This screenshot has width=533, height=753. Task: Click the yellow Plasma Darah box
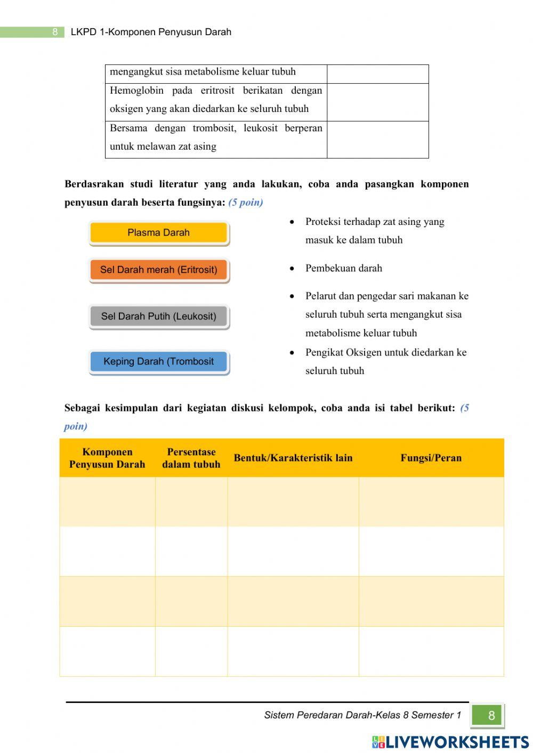coord(158,233)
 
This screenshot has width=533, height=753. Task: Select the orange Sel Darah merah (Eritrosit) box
coord(158,270)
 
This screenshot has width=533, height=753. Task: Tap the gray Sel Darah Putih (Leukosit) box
coord(158,317)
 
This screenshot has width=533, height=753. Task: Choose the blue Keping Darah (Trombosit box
coord(158,362)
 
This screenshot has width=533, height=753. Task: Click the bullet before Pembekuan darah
coord(292,269)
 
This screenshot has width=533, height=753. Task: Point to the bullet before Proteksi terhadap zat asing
coord(292,222)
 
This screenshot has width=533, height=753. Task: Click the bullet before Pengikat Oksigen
coord(292,353)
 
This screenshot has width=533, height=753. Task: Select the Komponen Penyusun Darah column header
coord(107,458)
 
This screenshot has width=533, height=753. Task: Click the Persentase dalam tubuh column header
coord(191,458)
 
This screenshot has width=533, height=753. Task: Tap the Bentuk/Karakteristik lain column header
coord(293,458)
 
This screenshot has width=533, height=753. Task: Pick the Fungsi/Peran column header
coord(431,458)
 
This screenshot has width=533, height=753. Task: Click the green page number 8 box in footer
coord(487,715)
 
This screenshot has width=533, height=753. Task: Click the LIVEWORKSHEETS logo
coord(450,742)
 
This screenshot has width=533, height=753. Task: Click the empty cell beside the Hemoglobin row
coord(377,102)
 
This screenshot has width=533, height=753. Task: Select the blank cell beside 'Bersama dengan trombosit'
coord(377,140)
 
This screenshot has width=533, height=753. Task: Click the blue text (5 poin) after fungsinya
coord(246,203)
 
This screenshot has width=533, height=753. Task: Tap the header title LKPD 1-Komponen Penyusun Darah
coord(151,32)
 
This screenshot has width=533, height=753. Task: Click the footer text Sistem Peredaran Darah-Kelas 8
coord(362,715)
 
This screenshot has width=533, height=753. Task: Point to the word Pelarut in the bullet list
coord(321,296)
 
